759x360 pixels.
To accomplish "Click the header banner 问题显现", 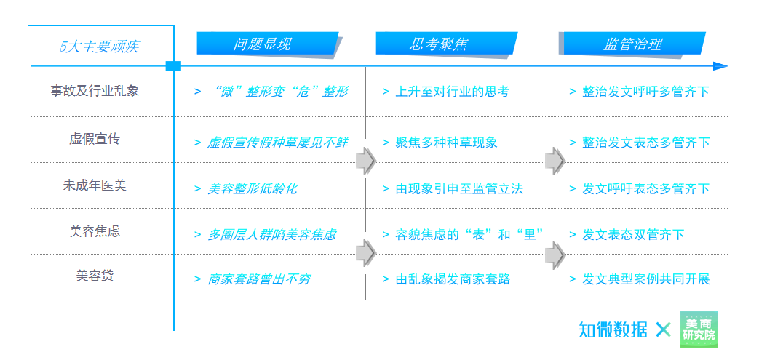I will [266, 44].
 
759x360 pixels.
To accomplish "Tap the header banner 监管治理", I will [632, 44].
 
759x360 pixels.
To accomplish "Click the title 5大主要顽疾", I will [99, 47].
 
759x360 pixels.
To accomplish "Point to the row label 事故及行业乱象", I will [95, 92].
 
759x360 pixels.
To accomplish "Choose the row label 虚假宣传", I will [95, 138].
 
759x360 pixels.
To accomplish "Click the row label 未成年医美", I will [95, 185].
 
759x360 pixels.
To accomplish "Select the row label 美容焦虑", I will [95, 231].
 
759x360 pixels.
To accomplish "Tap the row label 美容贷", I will [95, 276].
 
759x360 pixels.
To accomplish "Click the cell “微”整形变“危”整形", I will [277, 92].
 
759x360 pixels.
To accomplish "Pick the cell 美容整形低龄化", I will [252, 188].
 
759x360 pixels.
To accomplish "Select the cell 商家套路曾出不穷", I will [258, 279].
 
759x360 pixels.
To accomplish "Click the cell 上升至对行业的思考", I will [451, 92].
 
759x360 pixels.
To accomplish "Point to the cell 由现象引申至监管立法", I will [458, 188].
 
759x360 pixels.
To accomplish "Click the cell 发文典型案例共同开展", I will [645, 279].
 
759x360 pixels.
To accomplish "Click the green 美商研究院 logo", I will [699, 329].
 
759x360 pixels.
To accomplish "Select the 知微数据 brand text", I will [613, 329].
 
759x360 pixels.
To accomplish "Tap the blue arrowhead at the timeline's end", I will [720, 66].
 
